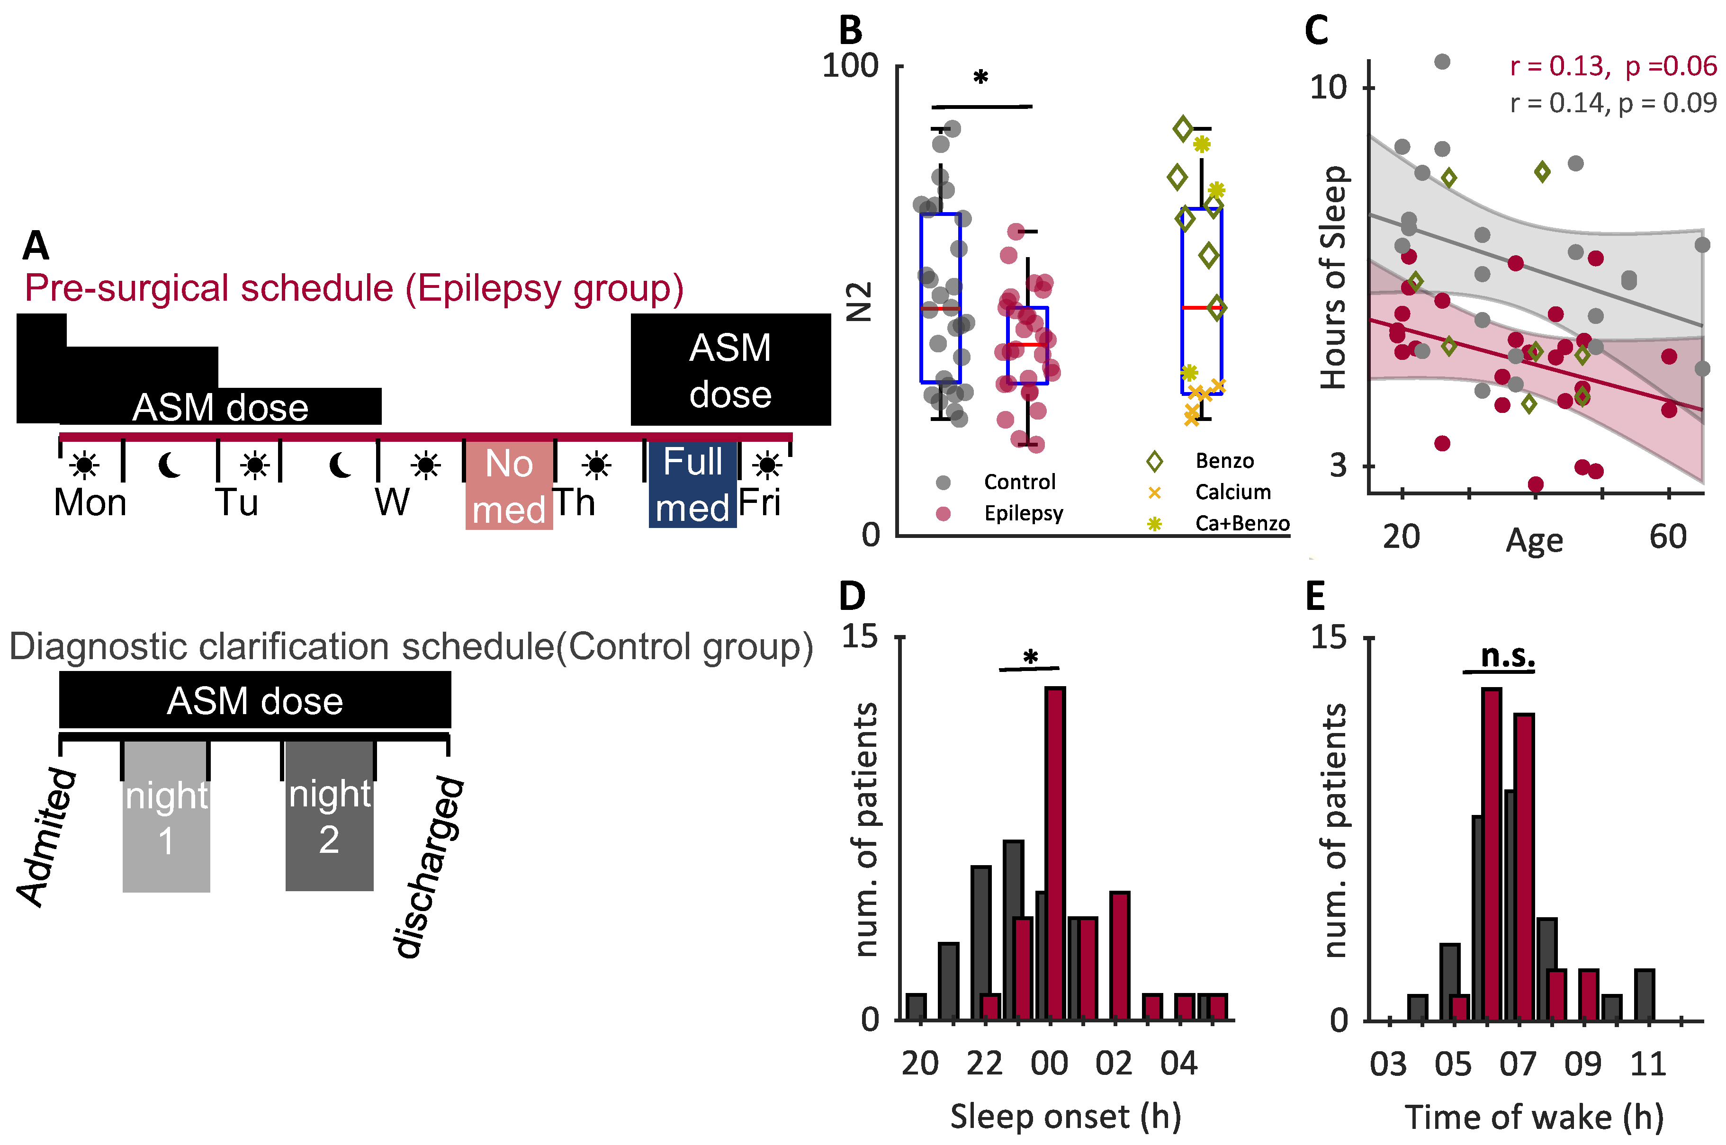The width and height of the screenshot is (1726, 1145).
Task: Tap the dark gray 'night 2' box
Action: pyautogui.click(x=329, y=816)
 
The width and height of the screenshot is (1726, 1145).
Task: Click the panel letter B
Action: pyautogui.click(x=850, y=31)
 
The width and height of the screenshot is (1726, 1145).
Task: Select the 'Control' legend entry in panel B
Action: pyautogui.click(x=1019, y=482)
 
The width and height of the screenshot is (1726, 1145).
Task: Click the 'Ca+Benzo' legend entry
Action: pyautogui.click(x=1242, y=524)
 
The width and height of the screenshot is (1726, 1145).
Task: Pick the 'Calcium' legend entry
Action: pyautogui.click(x=1232, y=492)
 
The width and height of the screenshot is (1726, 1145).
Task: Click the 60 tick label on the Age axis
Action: pyautogui.click(x=1668, y=537)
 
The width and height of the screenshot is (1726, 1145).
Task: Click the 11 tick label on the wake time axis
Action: pyautogui.click(x=1648, y=1064)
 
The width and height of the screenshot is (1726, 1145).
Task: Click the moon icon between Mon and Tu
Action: pyautogui.click(x=170, y=465)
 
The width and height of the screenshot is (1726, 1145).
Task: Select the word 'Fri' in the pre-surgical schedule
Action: pyautogui.click(x=760, y=502)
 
